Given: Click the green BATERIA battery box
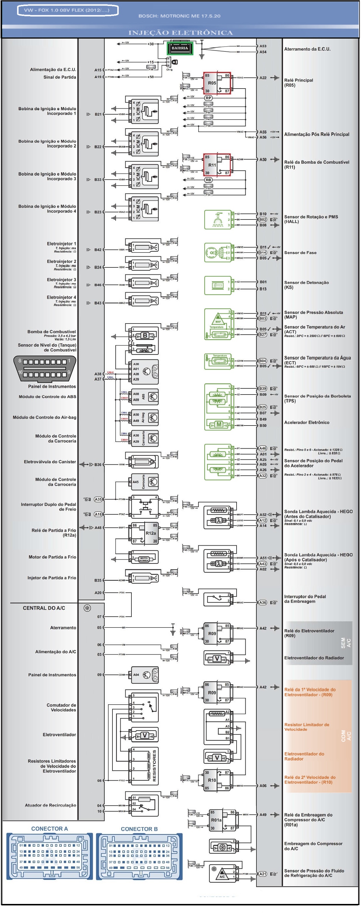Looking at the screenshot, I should [180, 48].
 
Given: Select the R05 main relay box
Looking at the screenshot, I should [216, 83].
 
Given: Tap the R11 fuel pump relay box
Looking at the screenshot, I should [216, 165].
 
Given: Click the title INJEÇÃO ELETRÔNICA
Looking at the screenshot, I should [180, 33].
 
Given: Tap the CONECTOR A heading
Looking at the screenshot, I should [49, 829].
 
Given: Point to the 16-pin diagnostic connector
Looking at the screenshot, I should [45, 369].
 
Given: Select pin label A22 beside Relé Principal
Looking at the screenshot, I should [263, 78].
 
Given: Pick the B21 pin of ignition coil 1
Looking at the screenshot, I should [98, 114].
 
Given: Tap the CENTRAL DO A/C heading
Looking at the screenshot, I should [44, 608].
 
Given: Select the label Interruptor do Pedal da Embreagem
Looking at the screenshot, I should [305, 599].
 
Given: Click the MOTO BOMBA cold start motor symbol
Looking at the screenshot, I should [144, 560].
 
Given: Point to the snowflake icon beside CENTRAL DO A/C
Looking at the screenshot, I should [87, 608].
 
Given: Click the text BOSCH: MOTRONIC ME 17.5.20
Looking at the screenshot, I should [179, 16].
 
